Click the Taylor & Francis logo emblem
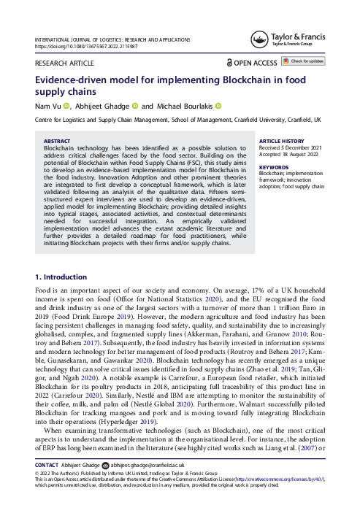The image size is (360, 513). point(258,40)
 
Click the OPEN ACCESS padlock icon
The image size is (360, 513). point(229,63)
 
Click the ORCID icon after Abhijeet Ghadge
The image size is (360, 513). point(135,106)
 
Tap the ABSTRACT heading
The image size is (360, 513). point(58,140)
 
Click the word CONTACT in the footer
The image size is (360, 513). point(47,485)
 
